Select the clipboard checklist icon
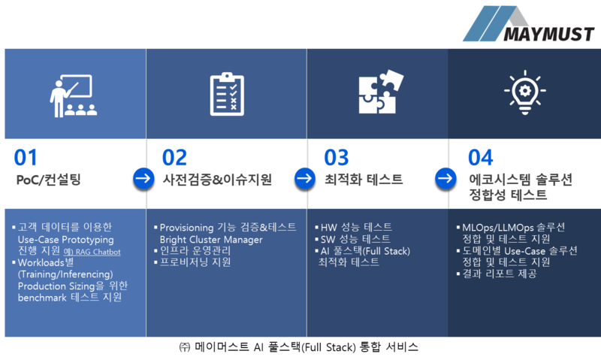click(x=226, y=93)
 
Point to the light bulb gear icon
click(x=524, y=92)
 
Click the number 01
click(x=26, y=158)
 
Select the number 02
click(x=174, y=158)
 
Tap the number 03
click(x=336, y=158)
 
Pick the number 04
click(x=480, y=158)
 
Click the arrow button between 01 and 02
click(x=143, y=179)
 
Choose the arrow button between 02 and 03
click(x=304, y=179)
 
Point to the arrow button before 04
click(x=445, y=179)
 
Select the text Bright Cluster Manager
click(x=211, y=240)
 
